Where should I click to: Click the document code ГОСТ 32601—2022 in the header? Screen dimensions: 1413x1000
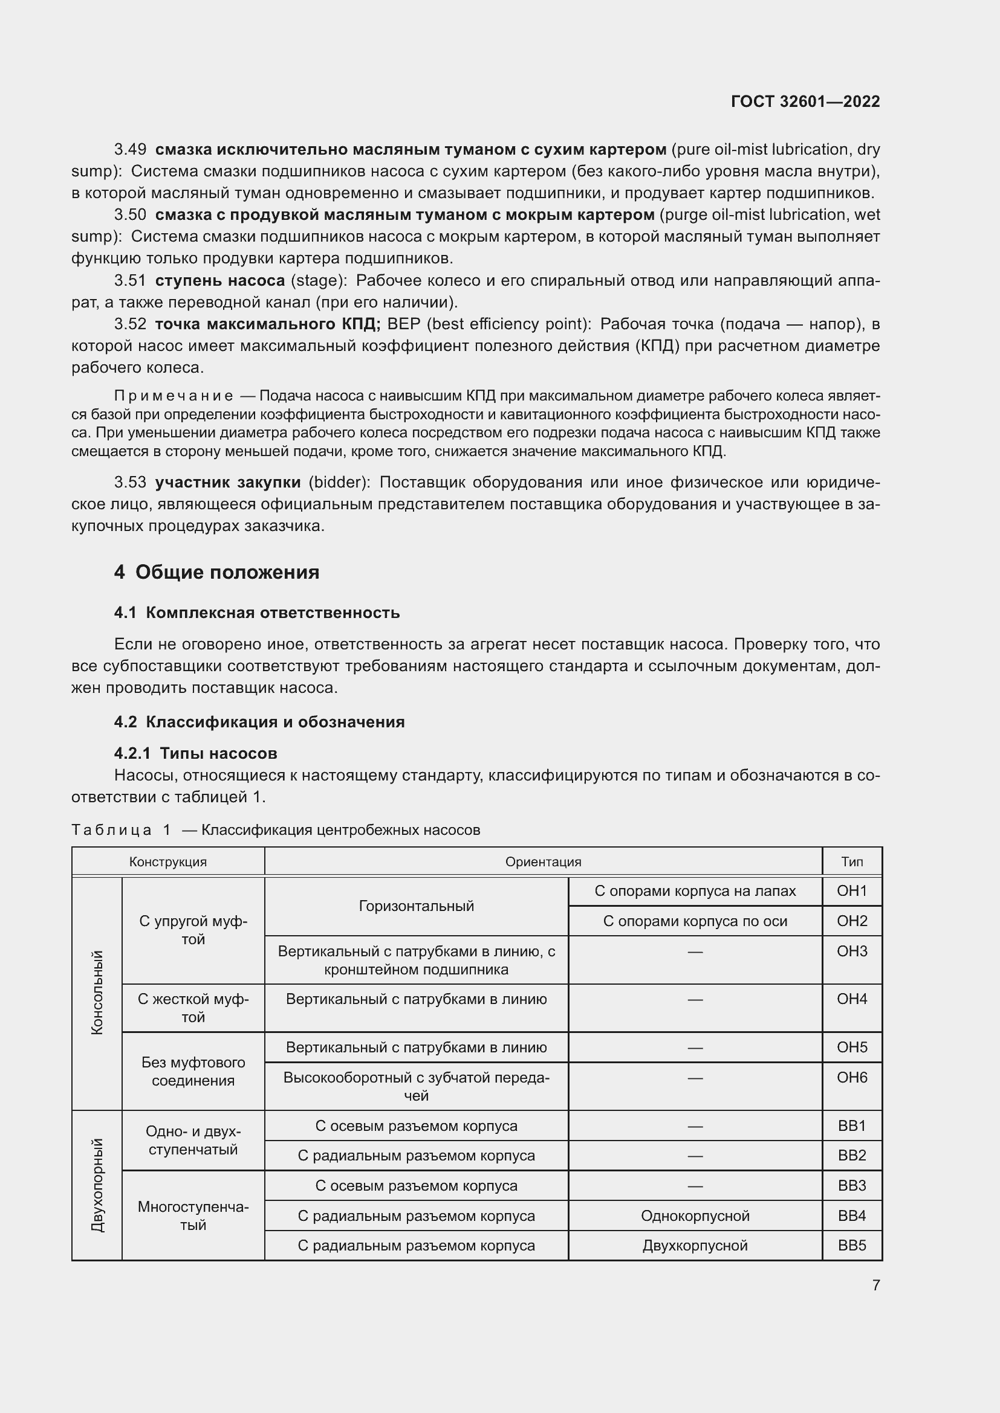point(805,101)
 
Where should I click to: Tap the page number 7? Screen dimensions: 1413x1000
point(875,1285)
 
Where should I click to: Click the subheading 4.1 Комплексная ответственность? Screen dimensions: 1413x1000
point(257,613)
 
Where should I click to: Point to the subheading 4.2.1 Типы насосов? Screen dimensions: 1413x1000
point(195,753)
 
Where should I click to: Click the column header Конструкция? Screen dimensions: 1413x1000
point(167,861)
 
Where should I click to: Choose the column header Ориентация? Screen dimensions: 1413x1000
point(542,861)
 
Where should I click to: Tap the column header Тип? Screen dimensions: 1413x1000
point(852,861)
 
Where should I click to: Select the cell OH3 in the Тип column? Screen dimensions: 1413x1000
point(852,951)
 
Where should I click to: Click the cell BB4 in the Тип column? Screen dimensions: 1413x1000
point(852,1216)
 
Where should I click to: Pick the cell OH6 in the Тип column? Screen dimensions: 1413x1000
point(852,1078)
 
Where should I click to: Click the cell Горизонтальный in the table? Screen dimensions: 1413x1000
point(416,906)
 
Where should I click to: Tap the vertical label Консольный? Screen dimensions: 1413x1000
point(97,993)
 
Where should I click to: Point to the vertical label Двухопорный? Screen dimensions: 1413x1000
point(97,1185)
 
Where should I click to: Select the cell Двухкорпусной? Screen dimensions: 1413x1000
point(695,1246)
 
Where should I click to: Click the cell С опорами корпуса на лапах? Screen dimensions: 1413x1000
point(695,891)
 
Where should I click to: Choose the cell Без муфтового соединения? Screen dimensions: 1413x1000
point(193,1072)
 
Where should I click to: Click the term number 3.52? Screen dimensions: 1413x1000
point(130,324)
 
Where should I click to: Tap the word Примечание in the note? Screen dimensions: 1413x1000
point(173,396)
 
